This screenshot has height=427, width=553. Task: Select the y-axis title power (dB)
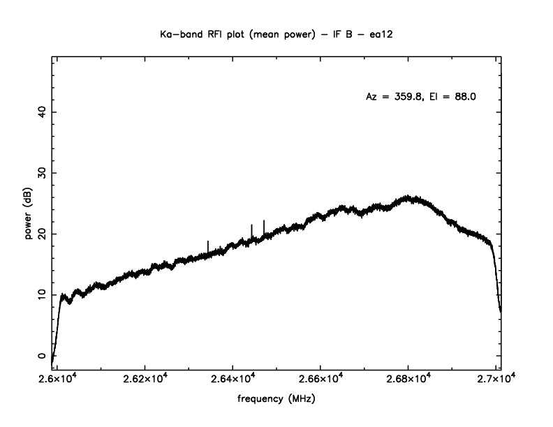click(29, 216)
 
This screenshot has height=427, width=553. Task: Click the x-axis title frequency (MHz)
click(276, 401)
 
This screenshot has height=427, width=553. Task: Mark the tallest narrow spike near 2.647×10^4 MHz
click(264, 222)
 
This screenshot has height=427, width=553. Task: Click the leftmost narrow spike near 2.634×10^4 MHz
click(208, 242)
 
